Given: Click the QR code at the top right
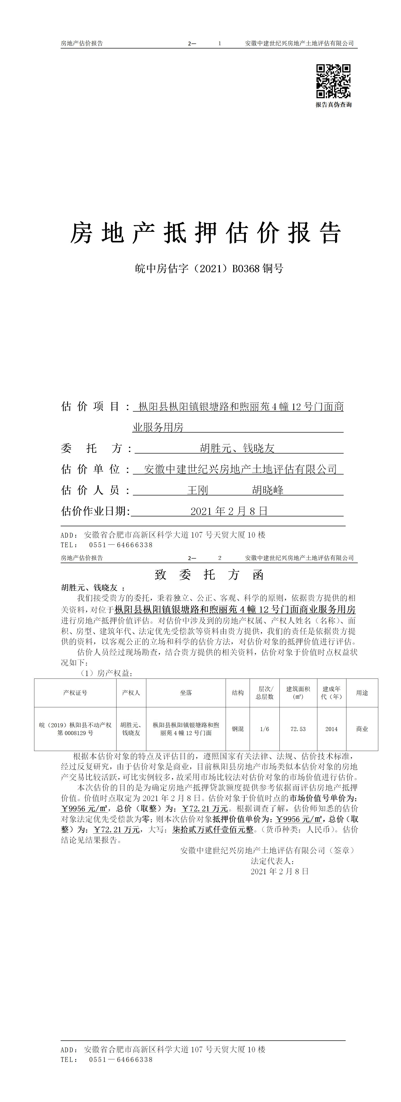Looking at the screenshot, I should [333, 81].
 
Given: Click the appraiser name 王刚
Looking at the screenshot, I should [198, 490].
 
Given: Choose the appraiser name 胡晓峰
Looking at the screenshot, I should [268, 490].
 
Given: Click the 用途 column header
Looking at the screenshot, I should [362, 693].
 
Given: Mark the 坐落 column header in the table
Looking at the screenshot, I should [186, 693].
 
